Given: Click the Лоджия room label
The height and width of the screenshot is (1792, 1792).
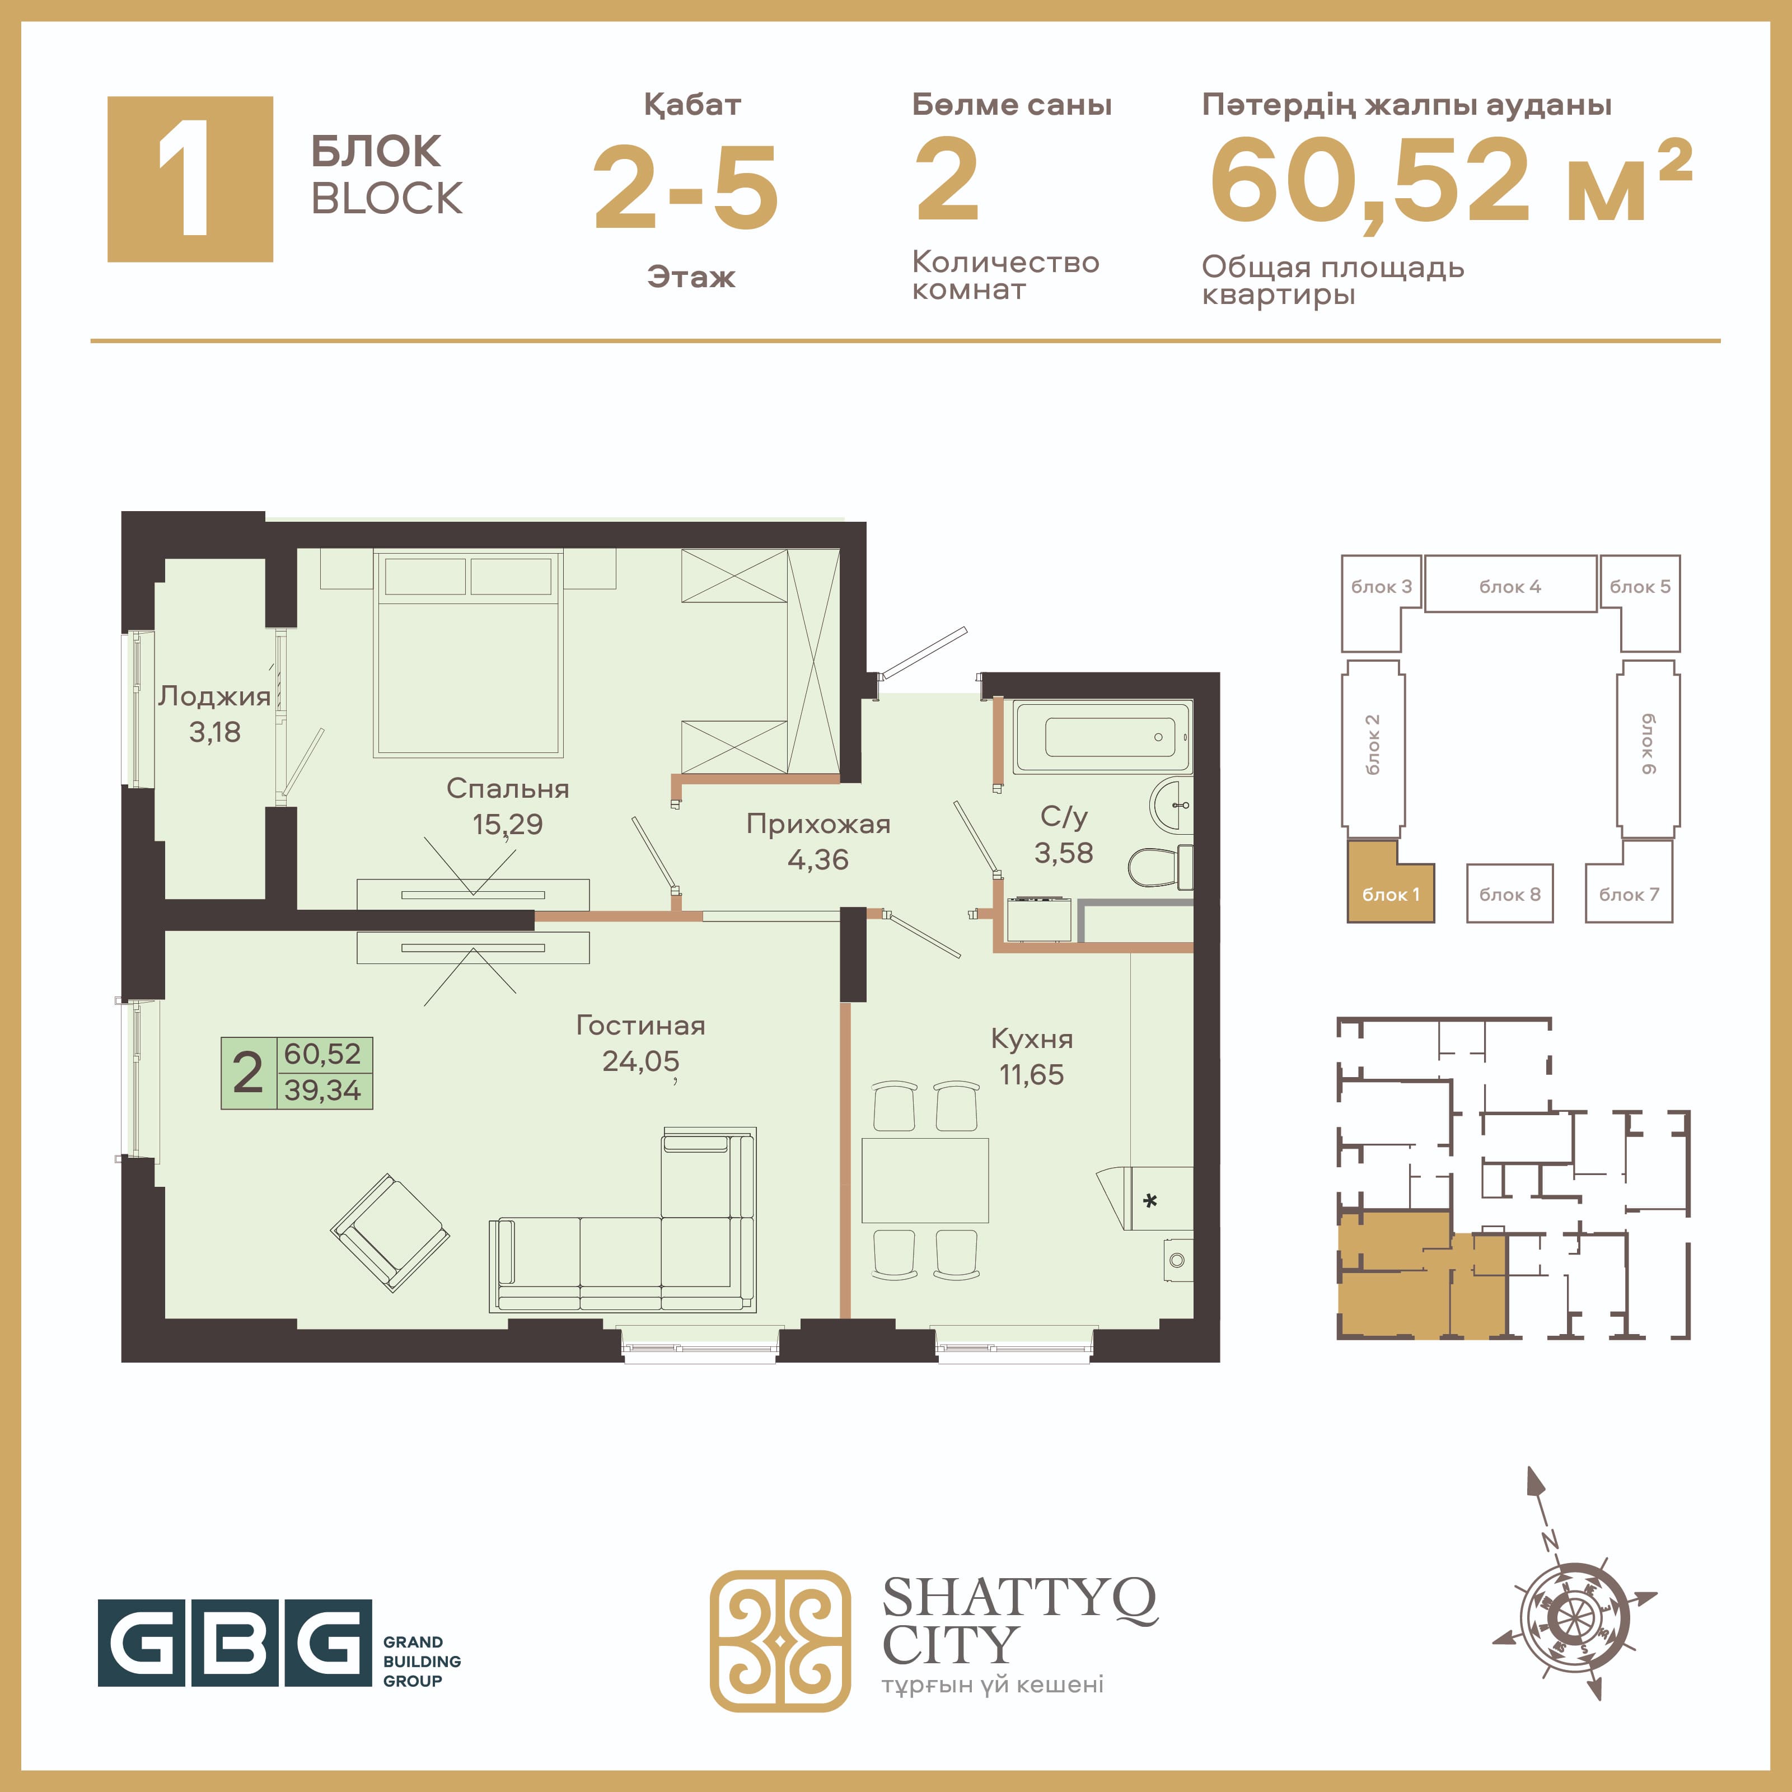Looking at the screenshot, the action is (214, 696).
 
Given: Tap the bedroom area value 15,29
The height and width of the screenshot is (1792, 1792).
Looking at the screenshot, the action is (507, 824).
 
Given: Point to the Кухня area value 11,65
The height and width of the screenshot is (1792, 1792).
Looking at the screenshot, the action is (1031, 1074).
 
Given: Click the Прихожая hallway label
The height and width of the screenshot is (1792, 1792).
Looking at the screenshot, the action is (818, 824).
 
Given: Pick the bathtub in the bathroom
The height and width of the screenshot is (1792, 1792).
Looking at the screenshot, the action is (1102, 737).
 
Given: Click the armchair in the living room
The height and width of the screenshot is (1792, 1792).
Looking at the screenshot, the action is (391, 1232).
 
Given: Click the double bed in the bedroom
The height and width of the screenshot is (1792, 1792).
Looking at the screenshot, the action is (469, 653).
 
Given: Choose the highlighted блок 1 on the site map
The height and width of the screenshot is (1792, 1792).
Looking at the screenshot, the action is (1391, 881).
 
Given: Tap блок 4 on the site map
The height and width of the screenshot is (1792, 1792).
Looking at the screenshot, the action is (1510, 584).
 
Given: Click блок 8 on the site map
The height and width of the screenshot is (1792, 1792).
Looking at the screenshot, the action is (1509, 893).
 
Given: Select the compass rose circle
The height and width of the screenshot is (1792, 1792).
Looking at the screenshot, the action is (1572, 1620).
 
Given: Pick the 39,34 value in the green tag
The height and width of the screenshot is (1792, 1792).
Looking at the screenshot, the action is (323, 1090).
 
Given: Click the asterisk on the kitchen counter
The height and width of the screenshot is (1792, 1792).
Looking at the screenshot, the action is (1150, 1201).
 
